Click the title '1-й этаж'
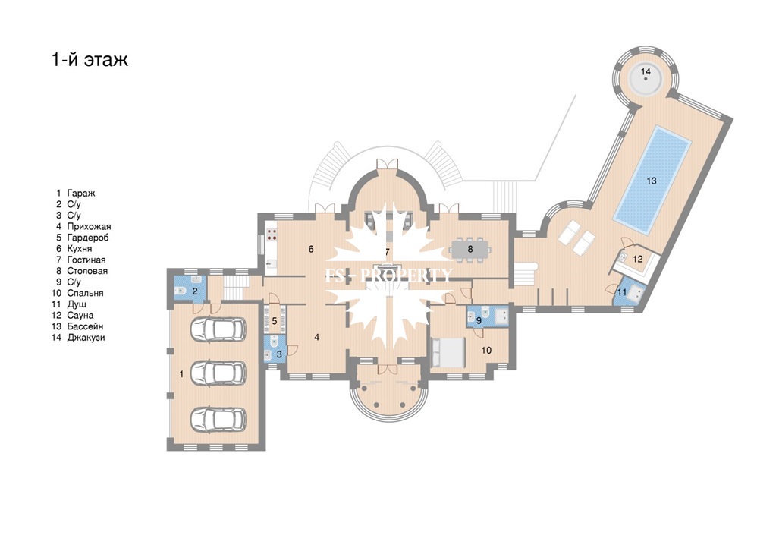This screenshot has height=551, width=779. click(x=90, y=59)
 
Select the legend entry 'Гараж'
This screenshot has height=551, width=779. click(x=81, y=193)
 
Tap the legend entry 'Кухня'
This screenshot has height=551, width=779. click(x=80, y=249)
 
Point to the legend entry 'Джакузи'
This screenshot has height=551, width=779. click(x=86, y=338)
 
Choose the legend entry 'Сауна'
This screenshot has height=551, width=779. click(x=80, y=315)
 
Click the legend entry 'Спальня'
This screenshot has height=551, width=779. click(x=85, y=294)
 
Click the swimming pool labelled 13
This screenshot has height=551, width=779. click(x=652, y=180)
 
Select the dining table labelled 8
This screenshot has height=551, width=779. click(x=470, y=250)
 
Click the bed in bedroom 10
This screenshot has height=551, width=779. click(x=448, y=353)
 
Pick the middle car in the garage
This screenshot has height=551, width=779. click(x=218, y=372)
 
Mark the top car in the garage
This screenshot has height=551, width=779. click(x=218, y=329)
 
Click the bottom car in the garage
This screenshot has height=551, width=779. click(x=218, y=419)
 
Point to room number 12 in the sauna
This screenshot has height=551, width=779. click(x=638, y=259)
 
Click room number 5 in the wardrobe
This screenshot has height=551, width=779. click(x=275, y=321)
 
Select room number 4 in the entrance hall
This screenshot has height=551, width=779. click(x=316, y=338)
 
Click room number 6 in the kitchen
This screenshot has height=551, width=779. click(x=311, y=249)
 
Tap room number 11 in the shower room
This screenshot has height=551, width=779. click(x=622, y=292)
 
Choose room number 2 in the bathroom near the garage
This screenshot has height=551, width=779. click(x=195, y=291)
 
